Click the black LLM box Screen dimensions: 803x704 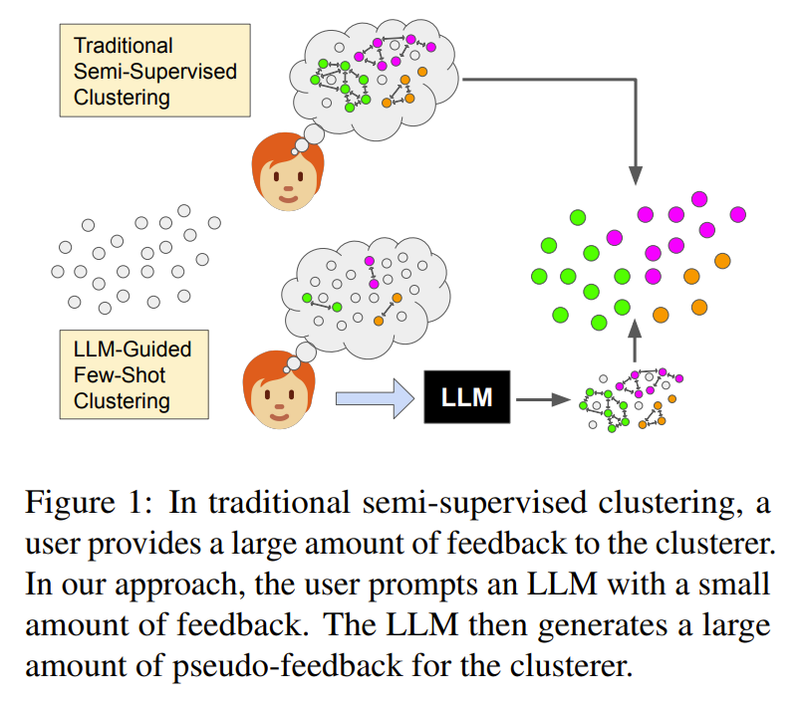466,396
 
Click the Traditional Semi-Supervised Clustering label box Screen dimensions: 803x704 155,70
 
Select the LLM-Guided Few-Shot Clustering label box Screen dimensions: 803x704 134,374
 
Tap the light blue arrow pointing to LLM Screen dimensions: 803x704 375,398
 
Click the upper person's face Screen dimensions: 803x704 288,172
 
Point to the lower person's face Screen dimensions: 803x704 279,390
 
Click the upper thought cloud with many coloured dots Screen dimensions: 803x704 374,80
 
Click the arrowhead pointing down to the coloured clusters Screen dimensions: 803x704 635,175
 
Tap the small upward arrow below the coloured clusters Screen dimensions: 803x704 635,341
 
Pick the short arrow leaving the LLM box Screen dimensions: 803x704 543,399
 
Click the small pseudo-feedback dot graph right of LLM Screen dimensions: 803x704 631,399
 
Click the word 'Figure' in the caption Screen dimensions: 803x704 70,503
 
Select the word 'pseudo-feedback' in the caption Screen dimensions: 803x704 287,666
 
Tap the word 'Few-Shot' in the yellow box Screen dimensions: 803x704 120,374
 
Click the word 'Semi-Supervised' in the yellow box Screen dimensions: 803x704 155,71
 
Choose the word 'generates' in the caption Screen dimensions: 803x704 603,625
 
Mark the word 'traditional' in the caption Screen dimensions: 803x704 279,502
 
